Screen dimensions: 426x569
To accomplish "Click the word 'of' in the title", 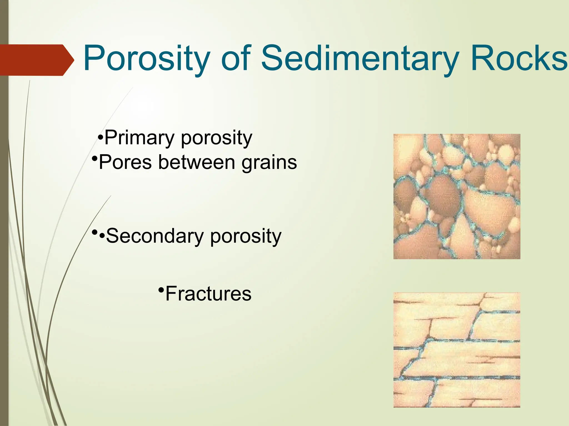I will [x=236, y=59].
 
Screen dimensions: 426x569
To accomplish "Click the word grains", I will [x=269, y=163].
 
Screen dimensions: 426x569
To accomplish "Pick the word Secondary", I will [x=155, y=236].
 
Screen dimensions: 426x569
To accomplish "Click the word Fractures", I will [x=208, y=294].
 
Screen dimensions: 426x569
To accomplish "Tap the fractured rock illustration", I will [x=456, y=349].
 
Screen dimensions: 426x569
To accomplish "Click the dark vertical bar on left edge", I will [x=4, y=250].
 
